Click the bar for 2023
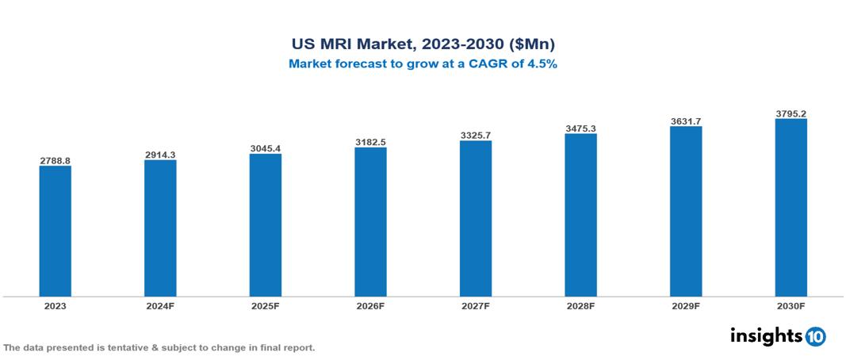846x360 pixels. [56, 231]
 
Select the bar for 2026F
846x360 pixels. [370, 222]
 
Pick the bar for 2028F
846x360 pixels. [580, 215]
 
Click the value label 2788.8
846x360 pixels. [56, 160]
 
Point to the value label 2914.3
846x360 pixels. [160, 155]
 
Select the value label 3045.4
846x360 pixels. [266, 148]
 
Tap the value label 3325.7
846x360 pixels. [475, 136]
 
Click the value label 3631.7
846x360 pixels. [686, 121]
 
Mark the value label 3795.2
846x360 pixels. [790, 113]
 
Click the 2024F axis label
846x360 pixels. [160, 305]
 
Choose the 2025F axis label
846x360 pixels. [266, 305]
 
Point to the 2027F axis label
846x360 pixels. [475, 305]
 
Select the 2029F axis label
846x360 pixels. [686, 305]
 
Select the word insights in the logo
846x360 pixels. [766, 335]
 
